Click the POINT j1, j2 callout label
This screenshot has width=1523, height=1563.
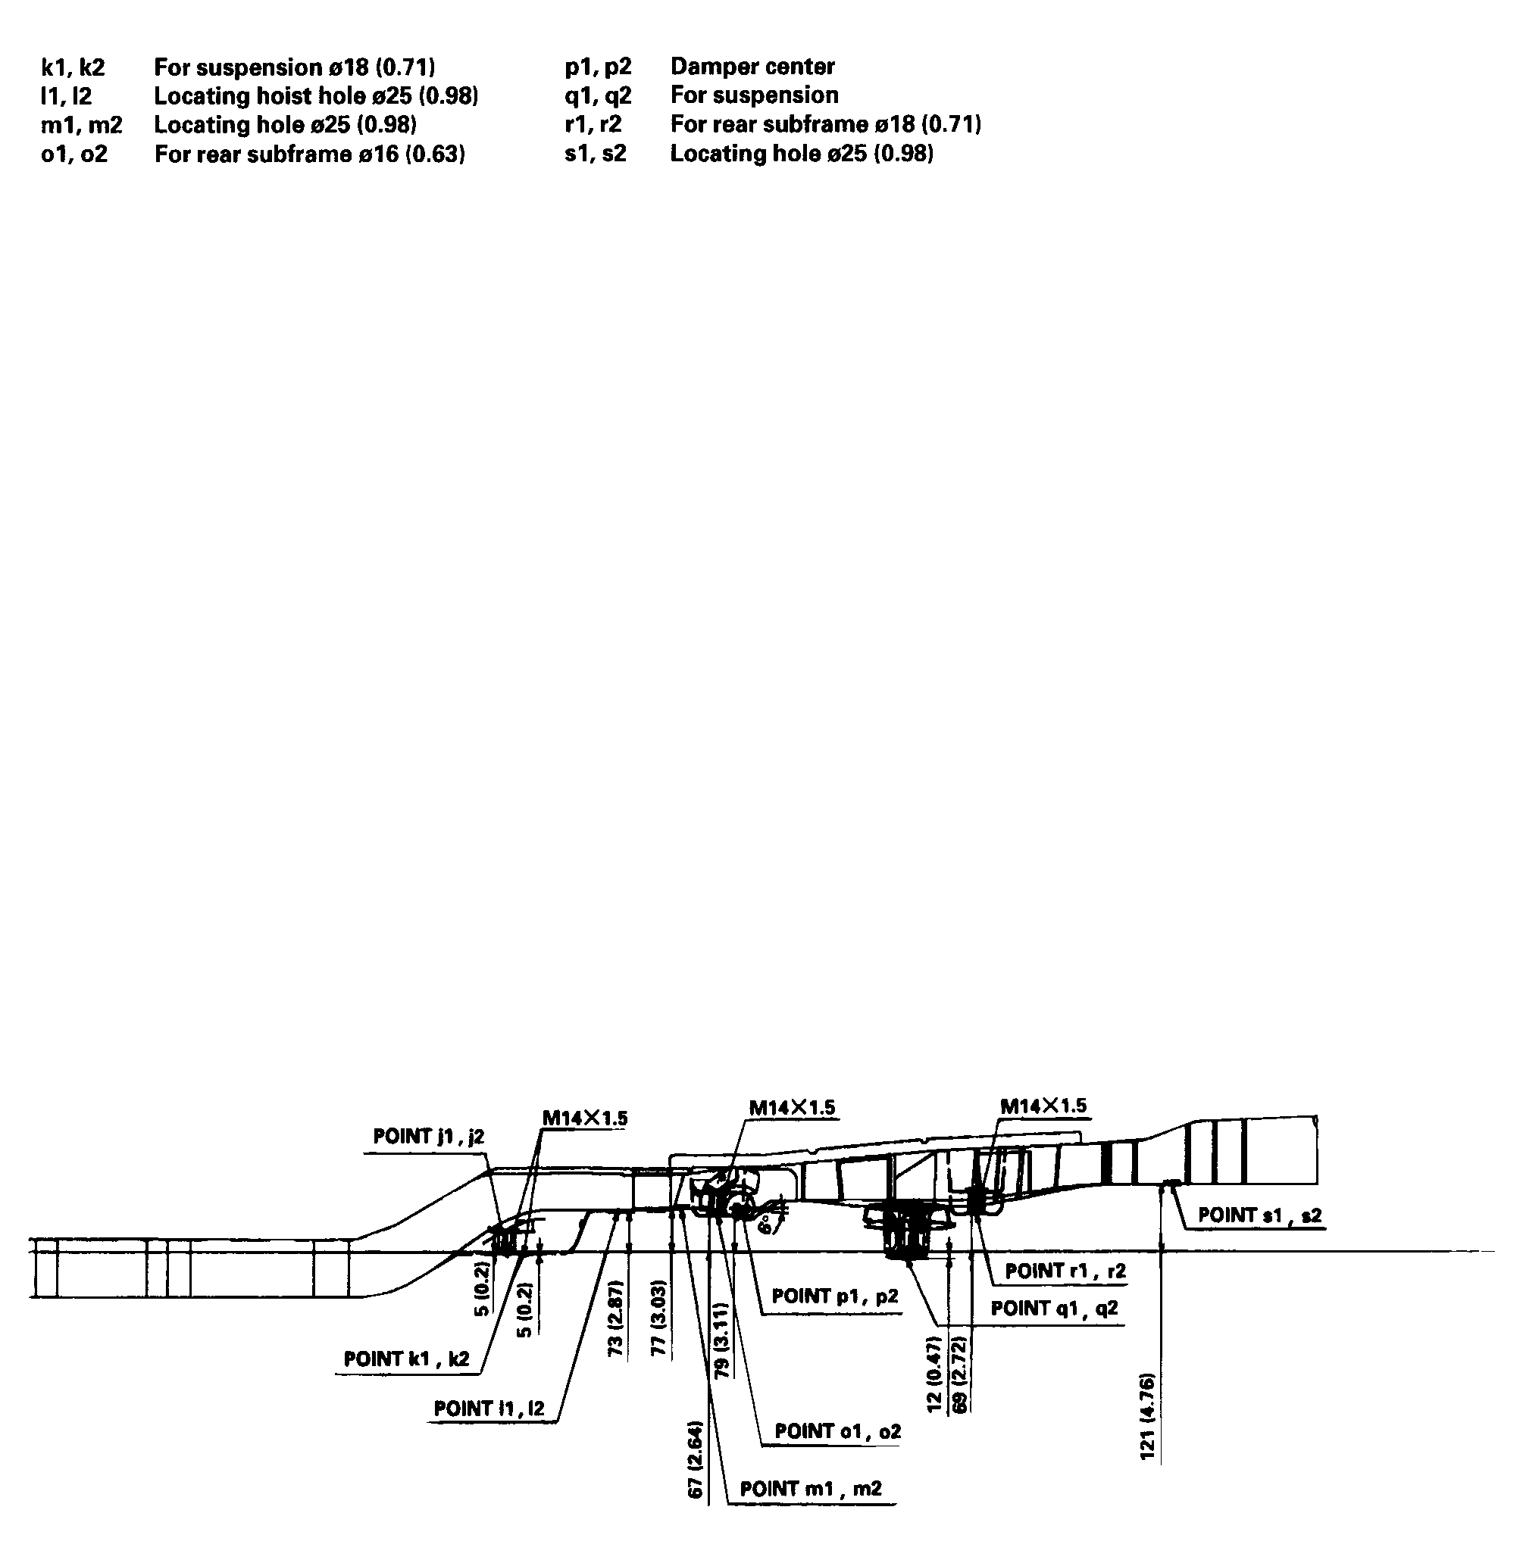click(428, 1137)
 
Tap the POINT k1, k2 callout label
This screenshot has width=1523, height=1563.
click(406, 1359)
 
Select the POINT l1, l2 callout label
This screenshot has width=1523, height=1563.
click(489, 1408)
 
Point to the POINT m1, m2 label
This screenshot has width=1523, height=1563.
click(810, 1489)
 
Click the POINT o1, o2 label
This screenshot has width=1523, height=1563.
click(837, 1431)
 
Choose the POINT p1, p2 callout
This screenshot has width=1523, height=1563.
click(834, 1318)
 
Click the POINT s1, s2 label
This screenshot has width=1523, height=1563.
click(1259, 1215)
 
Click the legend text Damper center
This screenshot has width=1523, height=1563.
click(752, 67)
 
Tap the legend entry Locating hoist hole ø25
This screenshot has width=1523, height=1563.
click(315, 96)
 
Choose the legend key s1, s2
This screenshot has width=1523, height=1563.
click(595, 154)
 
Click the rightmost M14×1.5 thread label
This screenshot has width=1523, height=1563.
click(1043, 1106)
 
